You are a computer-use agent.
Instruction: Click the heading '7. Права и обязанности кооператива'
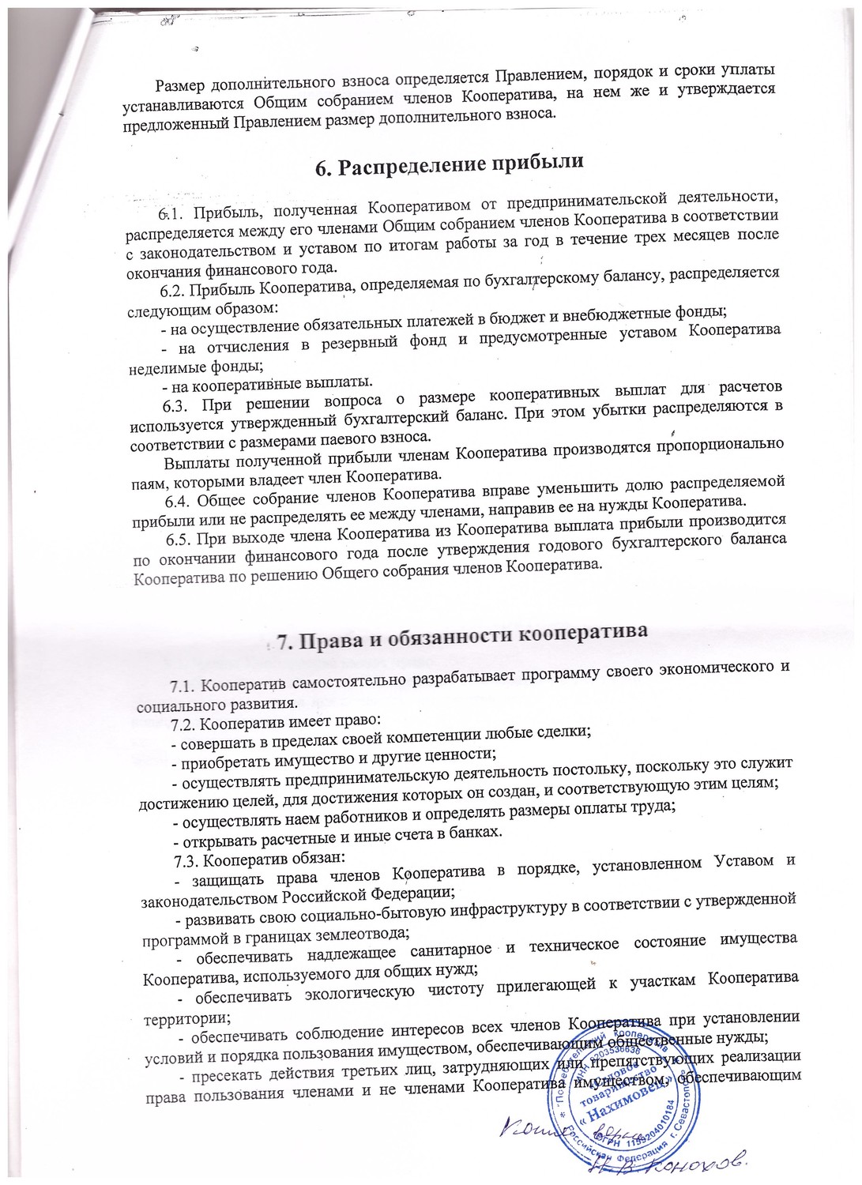[x=461, y=637]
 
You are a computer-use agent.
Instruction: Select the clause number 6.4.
[x=178, y=499]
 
